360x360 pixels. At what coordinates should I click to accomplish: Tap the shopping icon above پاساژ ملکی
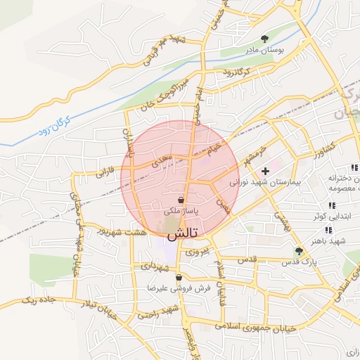(x=181, y=200)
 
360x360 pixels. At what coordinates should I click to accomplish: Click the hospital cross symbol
(x=265, y=171)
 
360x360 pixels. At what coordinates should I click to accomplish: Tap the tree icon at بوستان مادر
(x=264, y=39)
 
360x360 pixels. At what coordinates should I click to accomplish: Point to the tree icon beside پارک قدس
(x=300, y=250)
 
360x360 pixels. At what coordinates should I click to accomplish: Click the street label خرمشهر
(x=248, y=154)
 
